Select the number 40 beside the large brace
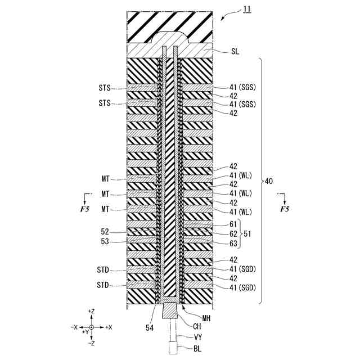coord(269,181)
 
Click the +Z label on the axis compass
coord(91,311)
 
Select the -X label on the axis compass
coord(75,327)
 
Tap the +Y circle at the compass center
coord(91,327)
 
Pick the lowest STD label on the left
coord(103,285)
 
